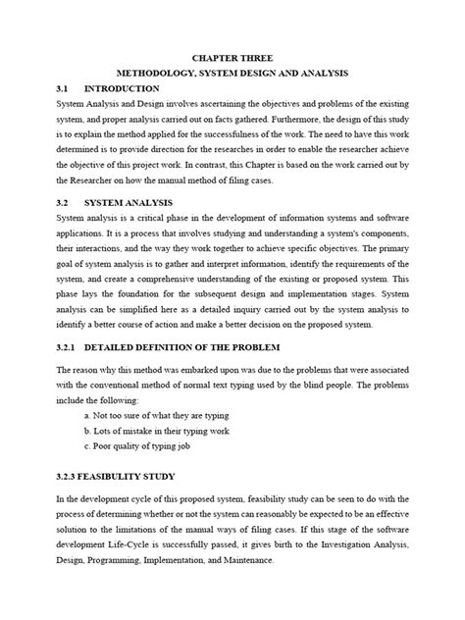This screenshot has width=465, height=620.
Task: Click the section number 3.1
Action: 65,88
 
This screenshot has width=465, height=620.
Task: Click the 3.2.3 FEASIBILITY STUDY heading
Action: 116,477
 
